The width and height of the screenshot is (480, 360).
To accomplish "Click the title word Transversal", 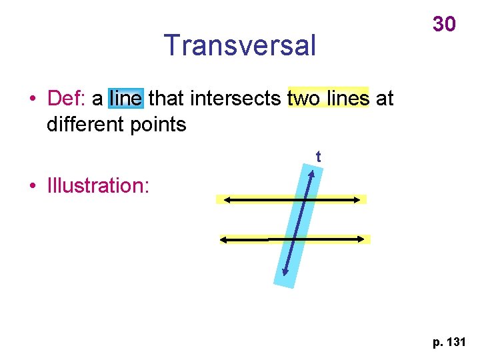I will (x=240, y=45).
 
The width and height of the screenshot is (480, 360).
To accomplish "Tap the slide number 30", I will (x=444, y=25).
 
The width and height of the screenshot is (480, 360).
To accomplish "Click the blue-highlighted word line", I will (x=125, y=99).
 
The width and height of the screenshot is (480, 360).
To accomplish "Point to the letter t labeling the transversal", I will (x=319, y=157).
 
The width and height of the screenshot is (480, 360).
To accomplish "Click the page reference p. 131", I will (x=449, y=343).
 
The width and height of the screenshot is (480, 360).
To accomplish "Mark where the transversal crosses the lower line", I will (x=295, y=239).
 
